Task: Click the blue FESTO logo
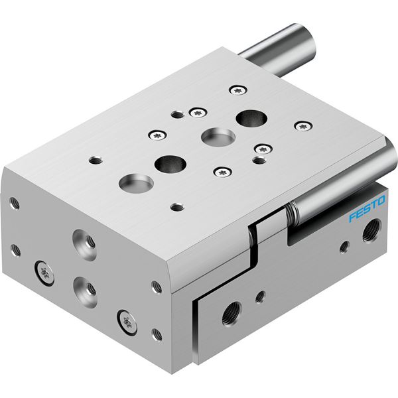click(367, 208)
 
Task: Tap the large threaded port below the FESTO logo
click(372, 231)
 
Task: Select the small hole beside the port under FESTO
click(344, 247)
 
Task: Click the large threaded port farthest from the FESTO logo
click(232, 314)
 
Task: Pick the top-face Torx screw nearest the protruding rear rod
click(238, 90)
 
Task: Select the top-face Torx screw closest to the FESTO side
click(303, 126)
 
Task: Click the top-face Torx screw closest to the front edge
click(223, 172)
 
